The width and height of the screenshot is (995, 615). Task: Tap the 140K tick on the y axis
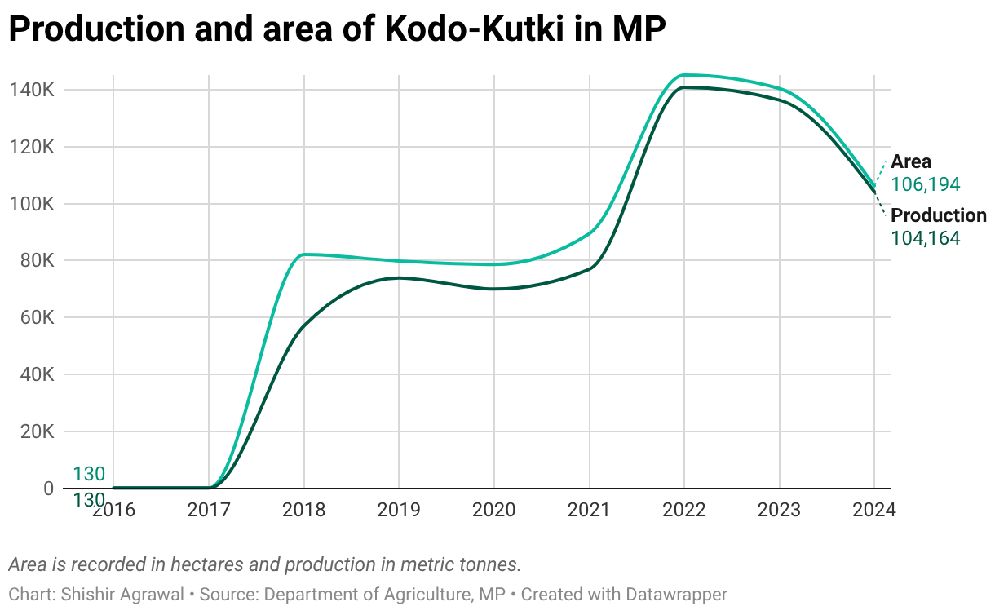[x=31, y=90]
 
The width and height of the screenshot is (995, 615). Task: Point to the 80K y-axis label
[x=36, y=261]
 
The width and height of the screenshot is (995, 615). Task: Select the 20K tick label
[x=36, y=431]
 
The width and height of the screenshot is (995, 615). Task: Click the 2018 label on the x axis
[x=303, y=511]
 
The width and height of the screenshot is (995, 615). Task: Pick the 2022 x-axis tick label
[x=683, y=511]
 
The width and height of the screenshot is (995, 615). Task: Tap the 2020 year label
[x=493, y=511]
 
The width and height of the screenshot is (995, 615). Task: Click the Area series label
[x=911, y=161]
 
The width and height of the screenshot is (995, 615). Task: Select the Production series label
[x=938, y=215]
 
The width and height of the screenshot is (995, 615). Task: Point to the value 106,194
[x=925, y=185]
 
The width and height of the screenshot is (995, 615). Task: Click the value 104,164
[x=925, y=239]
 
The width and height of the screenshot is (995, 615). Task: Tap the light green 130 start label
[x=89, y=474]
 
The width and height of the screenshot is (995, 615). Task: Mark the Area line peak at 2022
[x=684, y=75]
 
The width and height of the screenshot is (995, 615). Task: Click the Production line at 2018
[x=304, y=327]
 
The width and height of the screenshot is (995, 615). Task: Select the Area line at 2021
[x=589, y=232]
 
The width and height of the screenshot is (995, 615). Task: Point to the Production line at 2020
[x=494, y=289]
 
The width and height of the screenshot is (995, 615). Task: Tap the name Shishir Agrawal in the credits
[x=122, y=595]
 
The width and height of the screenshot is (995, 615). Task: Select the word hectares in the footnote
[x=204, y=564]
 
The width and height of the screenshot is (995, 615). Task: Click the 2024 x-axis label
[x=873, y=511]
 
